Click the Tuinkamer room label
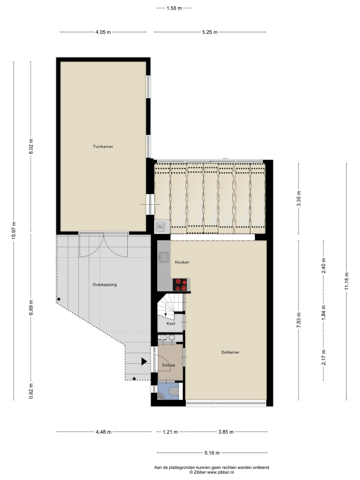point(103,147)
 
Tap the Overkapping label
point(105,285)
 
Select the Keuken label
point(182,262)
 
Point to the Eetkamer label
point(230,352)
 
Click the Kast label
point(171,324)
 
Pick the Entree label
point(169,365)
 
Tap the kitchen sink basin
point(164,257)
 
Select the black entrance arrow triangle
point(144,361)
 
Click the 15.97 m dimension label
point(14,230)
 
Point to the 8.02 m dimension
point(31,146)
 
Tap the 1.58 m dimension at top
point(174,8)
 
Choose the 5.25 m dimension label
point(210,32)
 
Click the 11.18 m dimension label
point(347,281)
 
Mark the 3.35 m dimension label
point(299,198)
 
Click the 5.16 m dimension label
point(212,453)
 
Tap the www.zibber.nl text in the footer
point(220,472)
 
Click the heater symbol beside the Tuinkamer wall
point(160,227)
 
